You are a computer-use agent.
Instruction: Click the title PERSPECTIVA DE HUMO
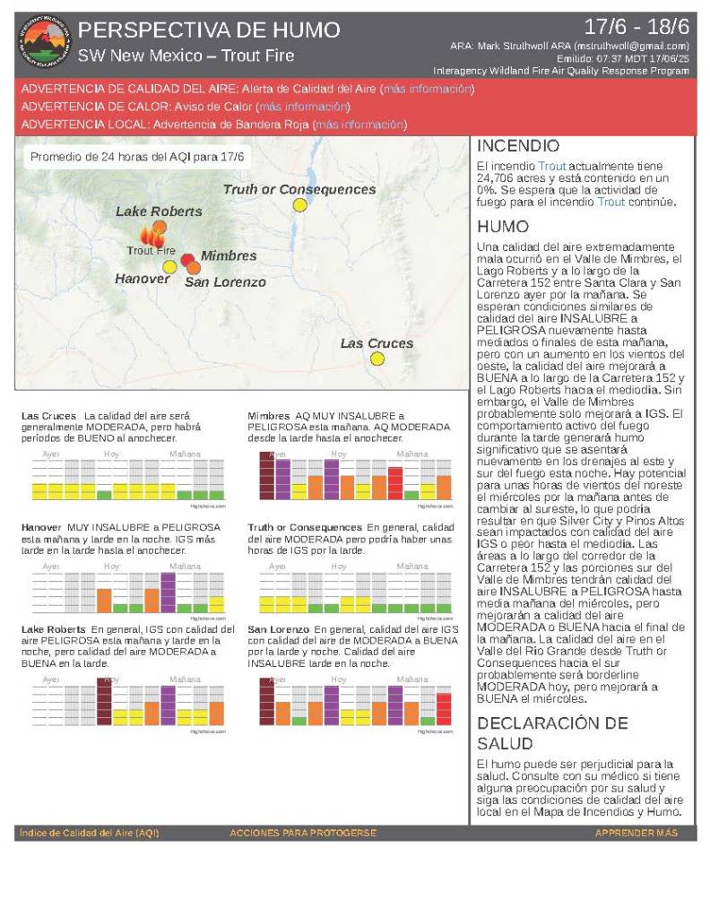[208, 30]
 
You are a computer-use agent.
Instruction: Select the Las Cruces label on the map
[377, 343]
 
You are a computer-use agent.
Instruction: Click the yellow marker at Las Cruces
[377, 359]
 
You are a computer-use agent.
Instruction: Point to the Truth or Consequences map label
[299, 189]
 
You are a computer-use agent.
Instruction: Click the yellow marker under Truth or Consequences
[300, 205]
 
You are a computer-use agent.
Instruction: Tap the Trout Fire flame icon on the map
[152, 235]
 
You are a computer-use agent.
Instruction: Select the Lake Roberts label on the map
[159, 212]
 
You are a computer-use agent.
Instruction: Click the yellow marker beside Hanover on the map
[169, 266]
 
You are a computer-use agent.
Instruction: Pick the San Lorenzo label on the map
[225, 282]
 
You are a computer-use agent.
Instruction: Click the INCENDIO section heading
[518, 146]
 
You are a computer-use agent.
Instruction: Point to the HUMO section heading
[503, 227]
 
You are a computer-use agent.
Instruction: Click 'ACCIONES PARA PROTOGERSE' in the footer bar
[302, 834]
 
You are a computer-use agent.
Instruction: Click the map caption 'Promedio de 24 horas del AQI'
[126, 157]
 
